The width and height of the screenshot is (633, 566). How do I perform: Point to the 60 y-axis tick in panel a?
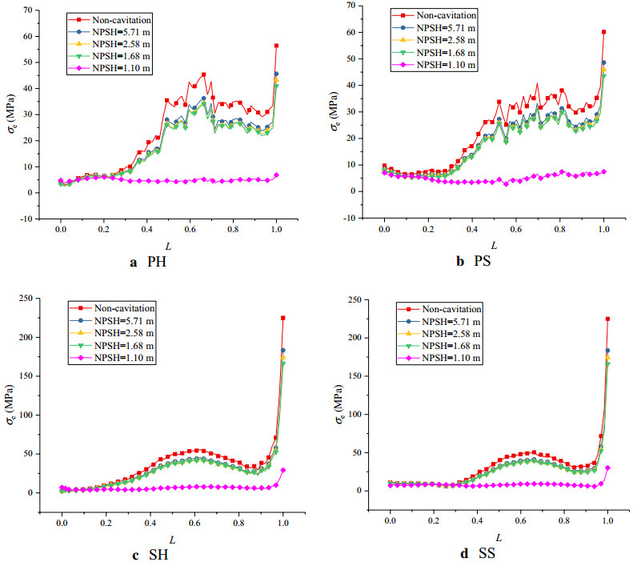click(x=33, y=36)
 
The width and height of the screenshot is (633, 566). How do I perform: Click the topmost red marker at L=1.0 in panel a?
click(x=276, y=46)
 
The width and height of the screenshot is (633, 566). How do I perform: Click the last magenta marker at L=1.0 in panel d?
click(x=607, y=468)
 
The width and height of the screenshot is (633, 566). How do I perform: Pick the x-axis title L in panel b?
click(x=494, y=246)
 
